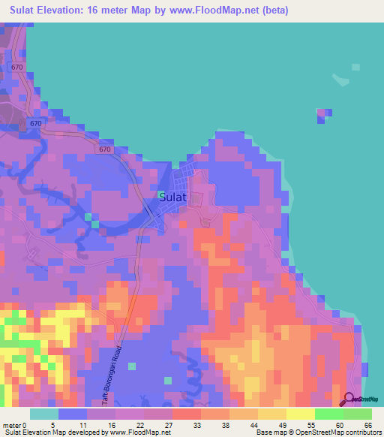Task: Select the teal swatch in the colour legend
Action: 44,414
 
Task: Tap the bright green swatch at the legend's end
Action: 357,414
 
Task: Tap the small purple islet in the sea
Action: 322,114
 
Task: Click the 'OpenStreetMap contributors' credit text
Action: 340,432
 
